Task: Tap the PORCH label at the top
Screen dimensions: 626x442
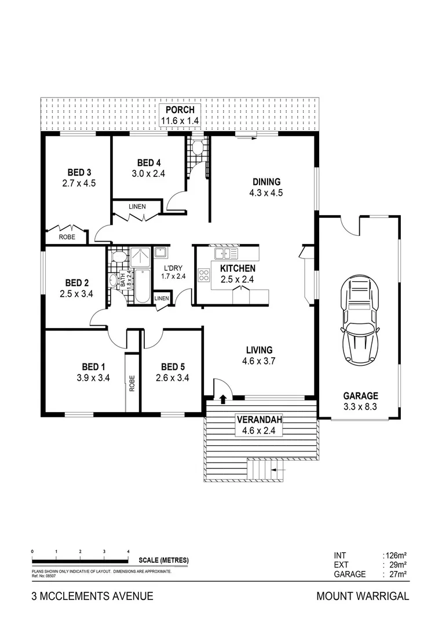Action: click(x=182, y=111)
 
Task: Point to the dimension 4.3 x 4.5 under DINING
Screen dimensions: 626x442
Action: click(x=266, y=193)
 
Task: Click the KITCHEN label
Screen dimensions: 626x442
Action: click(x=238, y=268)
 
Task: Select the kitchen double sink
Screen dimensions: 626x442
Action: click(x=226, y=254)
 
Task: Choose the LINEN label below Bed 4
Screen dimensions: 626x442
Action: click(x=137, y=206)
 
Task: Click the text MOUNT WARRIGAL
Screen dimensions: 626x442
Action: click(x=363, y=596)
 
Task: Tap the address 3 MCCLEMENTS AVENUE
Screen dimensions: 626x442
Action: click(x=92, y=596)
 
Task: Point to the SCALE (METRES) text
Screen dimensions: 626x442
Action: click(x=164, y=561)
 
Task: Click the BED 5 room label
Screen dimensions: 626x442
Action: click(x=173, y=367)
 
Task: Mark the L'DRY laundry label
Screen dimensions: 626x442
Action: click(x=173, y=268)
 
